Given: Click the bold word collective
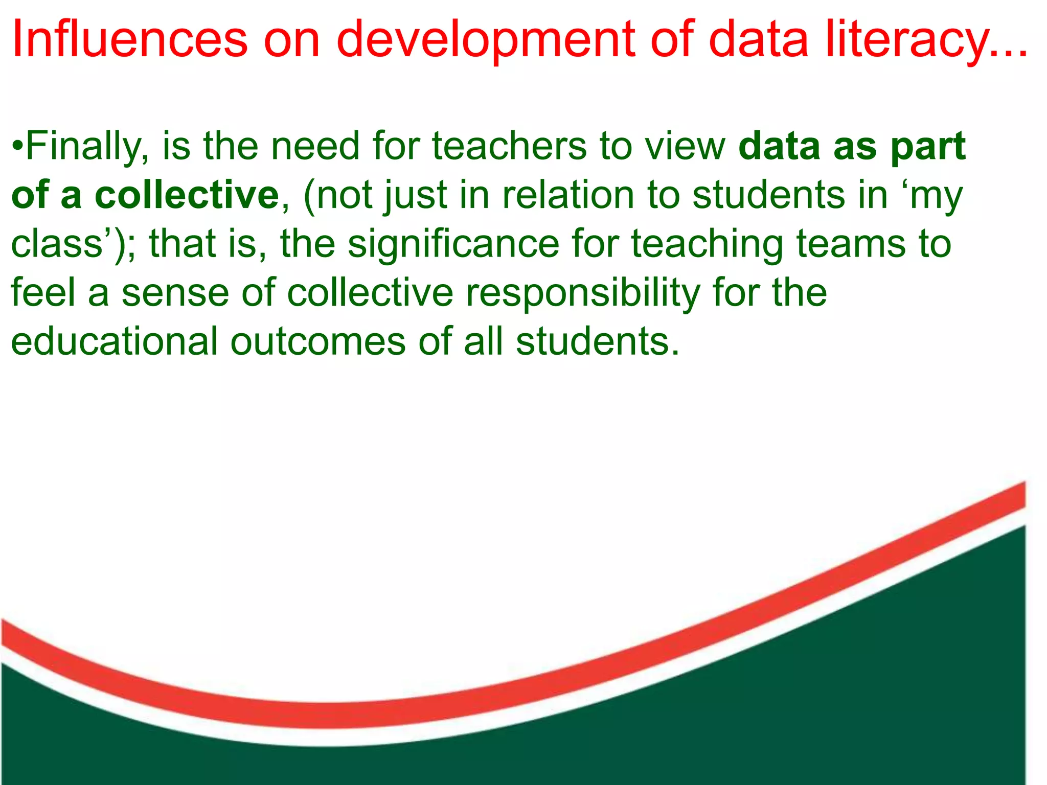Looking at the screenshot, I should [187, 195].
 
